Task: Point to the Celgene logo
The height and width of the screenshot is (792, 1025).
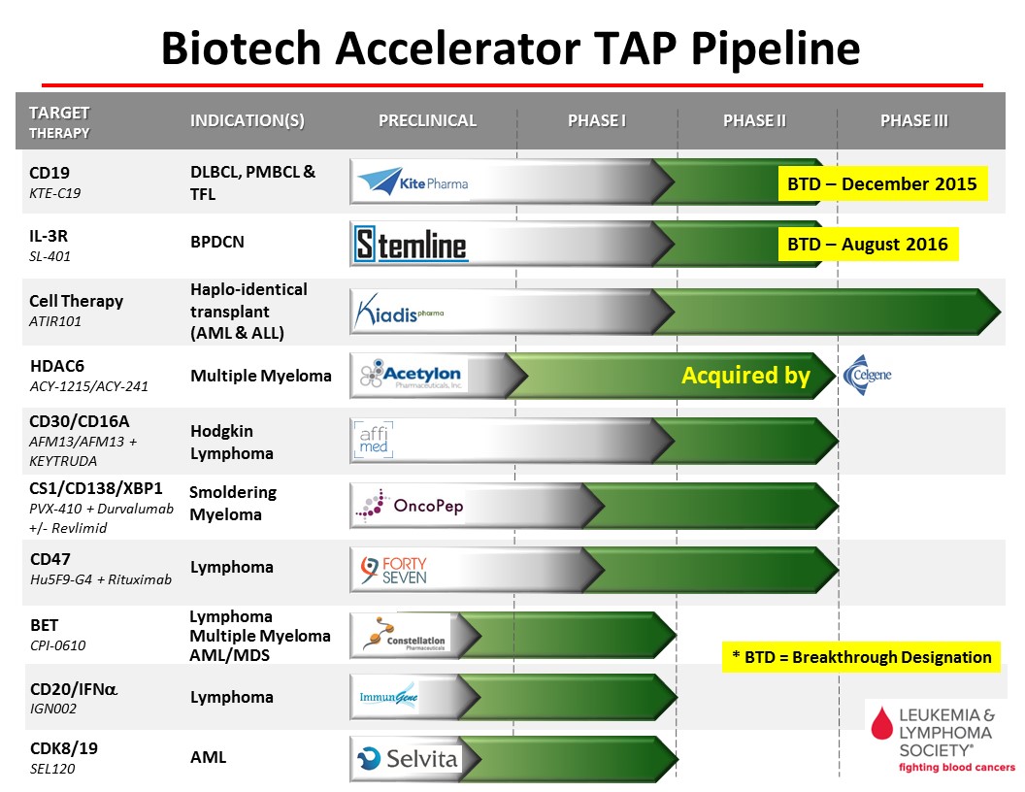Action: pyautogui.click(x=868, y=375)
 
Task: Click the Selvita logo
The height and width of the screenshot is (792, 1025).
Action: pyautogui.click(x=408, y=759)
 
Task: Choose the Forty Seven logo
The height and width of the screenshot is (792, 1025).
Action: pyautogui.click(x=393, y=570)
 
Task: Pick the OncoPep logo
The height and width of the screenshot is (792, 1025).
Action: pyautogui.click(x=410, y=505)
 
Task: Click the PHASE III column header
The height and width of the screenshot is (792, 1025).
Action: pyautogui.click(x=914, y=121)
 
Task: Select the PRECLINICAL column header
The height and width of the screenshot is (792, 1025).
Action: pyautogui.click(x=427, y=121)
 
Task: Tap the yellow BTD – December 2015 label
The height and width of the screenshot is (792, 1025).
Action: pyautogui.click(x=882, y=183)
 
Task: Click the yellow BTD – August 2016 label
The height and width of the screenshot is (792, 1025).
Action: pyautogui.click(x=868, y=244)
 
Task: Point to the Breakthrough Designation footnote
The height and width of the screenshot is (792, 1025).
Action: pyautogui.click(x=861, y=657)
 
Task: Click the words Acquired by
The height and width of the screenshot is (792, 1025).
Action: pyautogui.click(x=745, y=375)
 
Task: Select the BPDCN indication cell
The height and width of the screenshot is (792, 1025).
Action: pyautogui.click(x=217, y=242)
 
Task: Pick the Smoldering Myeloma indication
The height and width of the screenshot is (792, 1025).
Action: pyautogui.click(x=233, y=503)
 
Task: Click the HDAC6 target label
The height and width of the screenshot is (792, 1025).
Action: pyautogui.click(x=57, y=366)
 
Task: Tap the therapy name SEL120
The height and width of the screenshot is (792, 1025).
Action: pyautogui.click(x=52, y=769)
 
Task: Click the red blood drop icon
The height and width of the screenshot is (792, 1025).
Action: pyautogui.click(x=882, y=723)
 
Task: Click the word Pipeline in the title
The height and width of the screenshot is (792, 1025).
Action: pyautogui.click(x=776, y=49)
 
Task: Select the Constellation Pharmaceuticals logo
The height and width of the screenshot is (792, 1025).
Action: pyautogui.click(x=406, y=634)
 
